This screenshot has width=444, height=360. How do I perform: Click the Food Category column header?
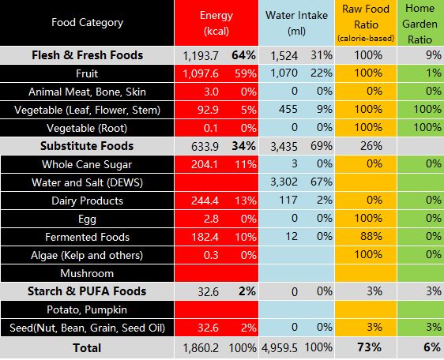coord(87,22)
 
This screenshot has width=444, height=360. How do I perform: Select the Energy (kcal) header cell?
coord(216,23)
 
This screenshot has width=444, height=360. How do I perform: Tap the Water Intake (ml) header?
coord(296,23)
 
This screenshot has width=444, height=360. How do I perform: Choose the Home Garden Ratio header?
coord(420,24)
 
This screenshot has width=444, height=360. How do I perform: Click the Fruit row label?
coord(87,73)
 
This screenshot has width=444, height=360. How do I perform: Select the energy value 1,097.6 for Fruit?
coord(201,74)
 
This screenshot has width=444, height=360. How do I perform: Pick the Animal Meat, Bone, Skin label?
coord(87,92)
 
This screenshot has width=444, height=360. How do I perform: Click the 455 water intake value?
coord(288,110)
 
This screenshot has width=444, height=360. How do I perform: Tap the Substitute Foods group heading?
coord(87,146)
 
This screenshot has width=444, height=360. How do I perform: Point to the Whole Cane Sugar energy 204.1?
coord(205,164)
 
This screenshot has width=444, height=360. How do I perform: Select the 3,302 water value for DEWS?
coord(284,182)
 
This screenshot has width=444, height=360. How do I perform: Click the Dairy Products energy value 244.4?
coord(205,201)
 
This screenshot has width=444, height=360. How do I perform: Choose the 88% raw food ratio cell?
coord(371,236)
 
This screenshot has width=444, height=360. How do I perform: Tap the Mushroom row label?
coord(87,273)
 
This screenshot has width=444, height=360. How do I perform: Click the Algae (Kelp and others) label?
coord(87,255)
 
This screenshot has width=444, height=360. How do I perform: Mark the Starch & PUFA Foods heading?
coord(87,291)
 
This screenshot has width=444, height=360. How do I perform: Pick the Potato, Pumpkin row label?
coord(87,309)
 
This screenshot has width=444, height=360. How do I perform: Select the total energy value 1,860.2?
coord(201,348)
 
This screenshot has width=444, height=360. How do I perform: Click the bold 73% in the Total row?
coord(369,347)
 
